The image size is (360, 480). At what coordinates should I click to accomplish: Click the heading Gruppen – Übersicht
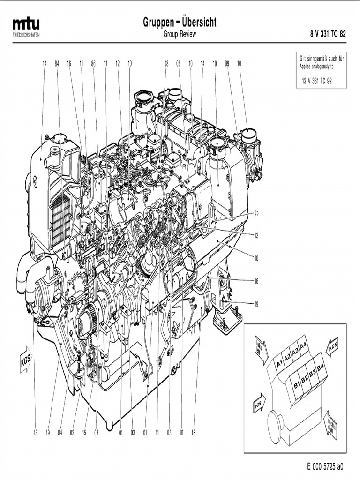click(x=180, y=22)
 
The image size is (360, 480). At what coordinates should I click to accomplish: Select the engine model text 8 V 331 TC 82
click(x=328, y=34)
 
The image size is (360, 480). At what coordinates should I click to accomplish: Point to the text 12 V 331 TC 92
click(x=316, y=81)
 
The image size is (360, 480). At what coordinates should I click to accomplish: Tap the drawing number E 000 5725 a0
click(x=325, y=467)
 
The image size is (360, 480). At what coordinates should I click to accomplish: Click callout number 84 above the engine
click(x=57, y=63)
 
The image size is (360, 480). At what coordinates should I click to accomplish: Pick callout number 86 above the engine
click(x=93, y=63)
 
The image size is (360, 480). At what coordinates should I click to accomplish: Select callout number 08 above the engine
click(x=166, y=63)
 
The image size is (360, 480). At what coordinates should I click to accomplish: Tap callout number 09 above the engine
click(x=227, y=63)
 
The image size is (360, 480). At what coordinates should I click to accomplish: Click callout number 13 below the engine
click(x=35, y=433)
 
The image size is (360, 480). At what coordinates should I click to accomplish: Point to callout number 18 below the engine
click(x=193, y=433)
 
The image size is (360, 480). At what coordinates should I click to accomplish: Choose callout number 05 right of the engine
click(x=256, y=212)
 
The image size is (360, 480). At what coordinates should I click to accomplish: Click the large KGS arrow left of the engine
click(x=25, y=360)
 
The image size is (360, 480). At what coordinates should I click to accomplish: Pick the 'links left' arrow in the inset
click(x=260, y=347)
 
